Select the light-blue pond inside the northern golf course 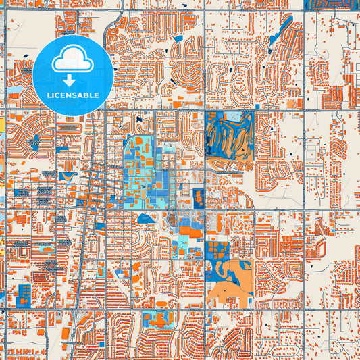pos(234,118)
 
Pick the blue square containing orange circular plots pos(216,248)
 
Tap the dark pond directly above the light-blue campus pos(139,120)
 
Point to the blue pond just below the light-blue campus pos(143,219)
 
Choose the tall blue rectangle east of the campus pos(198,198)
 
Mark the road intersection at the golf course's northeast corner pos(254,110)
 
